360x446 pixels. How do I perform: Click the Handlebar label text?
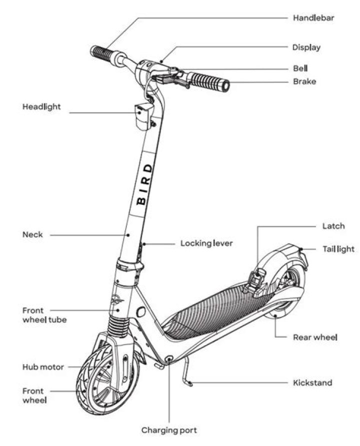click(313, 18)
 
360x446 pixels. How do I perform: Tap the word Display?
click(306, 48)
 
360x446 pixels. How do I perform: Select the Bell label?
click(300, 68)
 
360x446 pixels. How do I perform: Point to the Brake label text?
click(304, 81)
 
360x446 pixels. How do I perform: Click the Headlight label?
click(41, 107)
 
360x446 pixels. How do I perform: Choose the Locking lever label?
click(206, 244)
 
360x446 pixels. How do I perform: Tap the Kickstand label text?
click(312, 383)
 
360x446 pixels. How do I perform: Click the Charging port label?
click(169, 430)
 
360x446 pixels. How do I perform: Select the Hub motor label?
click(43, 367)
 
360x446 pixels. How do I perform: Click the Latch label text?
click(333, 226)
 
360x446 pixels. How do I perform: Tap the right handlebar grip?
click(209, 81)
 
